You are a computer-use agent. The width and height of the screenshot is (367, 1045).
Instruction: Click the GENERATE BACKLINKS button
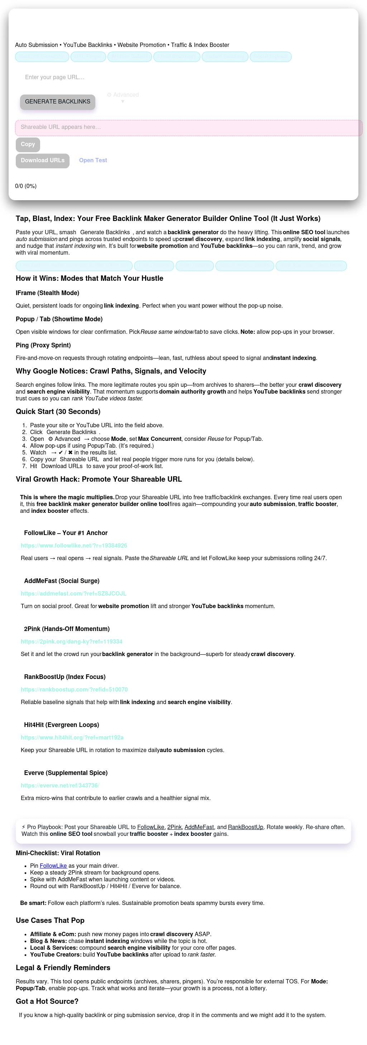58,102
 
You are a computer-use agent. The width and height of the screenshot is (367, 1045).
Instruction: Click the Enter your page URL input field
122,77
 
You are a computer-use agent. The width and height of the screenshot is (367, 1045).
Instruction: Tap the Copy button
28,144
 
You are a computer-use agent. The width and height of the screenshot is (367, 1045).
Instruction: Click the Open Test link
93,160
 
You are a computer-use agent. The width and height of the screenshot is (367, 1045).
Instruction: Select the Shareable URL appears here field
189,127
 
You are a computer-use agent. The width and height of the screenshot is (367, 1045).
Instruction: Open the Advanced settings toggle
123,95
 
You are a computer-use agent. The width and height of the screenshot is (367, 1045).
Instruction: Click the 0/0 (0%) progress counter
25,186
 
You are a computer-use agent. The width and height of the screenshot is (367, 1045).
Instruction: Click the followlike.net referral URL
74,546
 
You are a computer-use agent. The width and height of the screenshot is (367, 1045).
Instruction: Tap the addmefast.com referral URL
73,593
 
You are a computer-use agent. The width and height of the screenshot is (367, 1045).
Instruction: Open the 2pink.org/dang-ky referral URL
71,641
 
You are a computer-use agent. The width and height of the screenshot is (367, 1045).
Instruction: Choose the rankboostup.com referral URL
74,689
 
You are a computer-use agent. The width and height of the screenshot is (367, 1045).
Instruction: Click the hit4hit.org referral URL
72,737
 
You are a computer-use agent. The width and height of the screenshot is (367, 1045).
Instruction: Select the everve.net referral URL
60,785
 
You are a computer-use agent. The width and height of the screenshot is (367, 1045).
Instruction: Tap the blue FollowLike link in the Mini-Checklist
53,865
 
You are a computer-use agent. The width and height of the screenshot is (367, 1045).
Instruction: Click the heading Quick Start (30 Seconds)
58,411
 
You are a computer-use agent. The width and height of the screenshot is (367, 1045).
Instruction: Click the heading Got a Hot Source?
47,1001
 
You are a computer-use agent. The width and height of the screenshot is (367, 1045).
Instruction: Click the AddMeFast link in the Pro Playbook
199,827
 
